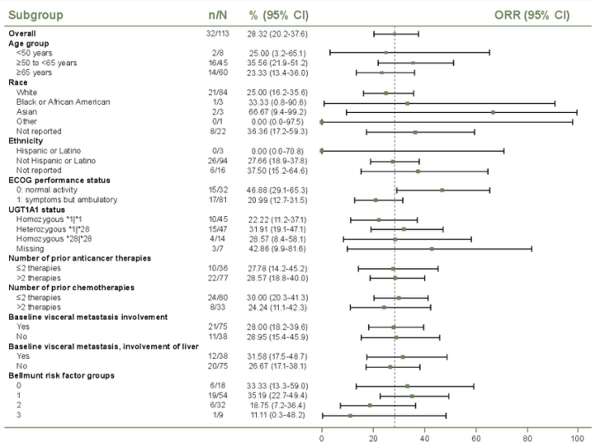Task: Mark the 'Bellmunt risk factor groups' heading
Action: tap(61, 376)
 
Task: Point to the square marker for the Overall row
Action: tap(395, 34)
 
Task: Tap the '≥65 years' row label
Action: tap(35, 73)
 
